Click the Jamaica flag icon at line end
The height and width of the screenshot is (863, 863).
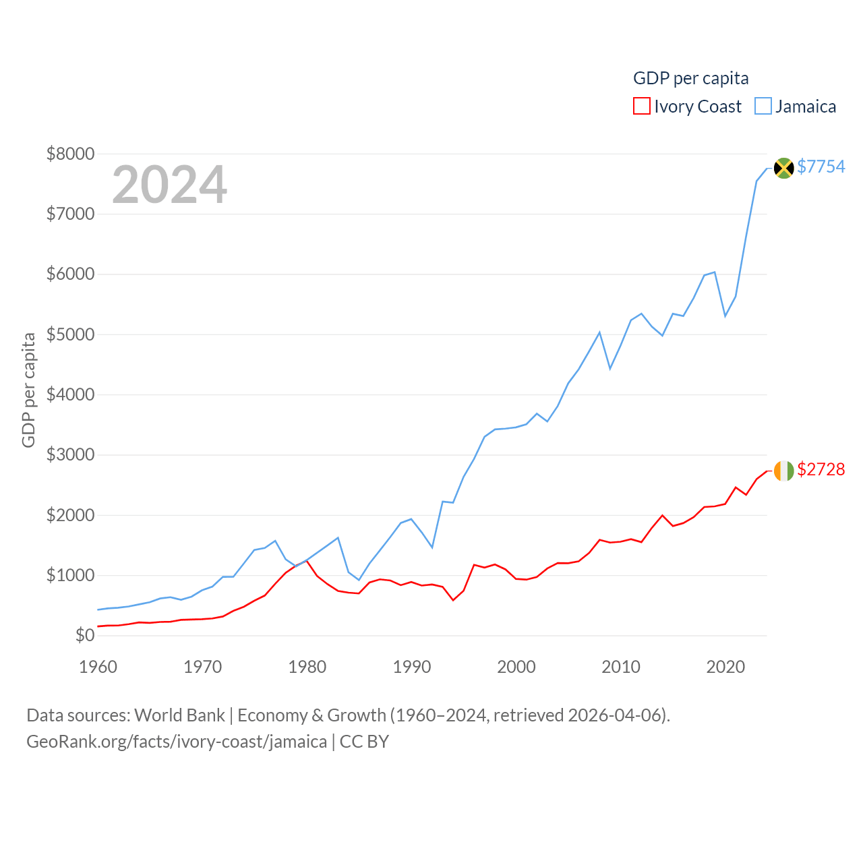[783, 167]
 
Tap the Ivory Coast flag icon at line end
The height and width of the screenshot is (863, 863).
[783, 471]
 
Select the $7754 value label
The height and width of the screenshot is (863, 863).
[821, 167]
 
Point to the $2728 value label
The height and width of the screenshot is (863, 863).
[821, 469]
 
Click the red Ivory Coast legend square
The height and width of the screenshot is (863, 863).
[641, 107]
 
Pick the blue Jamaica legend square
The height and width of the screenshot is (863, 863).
[763, 107]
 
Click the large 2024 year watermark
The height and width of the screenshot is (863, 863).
[169, 185]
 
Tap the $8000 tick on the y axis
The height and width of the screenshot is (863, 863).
[70, 154]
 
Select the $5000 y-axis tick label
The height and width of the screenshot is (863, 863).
[70, 334]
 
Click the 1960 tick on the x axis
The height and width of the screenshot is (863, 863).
[98, 667]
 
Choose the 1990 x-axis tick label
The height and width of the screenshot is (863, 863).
[412, 667]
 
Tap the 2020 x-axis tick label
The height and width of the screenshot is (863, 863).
[725, 667]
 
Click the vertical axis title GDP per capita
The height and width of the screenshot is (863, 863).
[28, 390]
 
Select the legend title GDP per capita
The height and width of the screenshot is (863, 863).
[690, 78]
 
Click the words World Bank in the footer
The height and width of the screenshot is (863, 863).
[179, 715]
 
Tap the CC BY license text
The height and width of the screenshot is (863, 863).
[364, 742]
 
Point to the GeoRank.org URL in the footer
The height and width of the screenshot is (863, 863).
[177, 742]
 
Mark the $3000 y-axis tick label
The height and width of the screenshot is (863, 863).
[70, 454]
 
